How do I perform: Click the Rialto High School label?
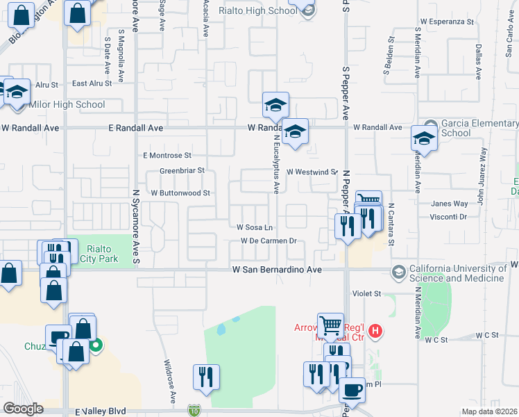tap(258, 10)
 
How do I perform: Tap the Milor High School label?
tap(67, 105)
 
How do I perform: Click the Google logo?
tap(23, 409)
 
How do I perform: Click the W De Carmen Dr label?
tap(269, 241)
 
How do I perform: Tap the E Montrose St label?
tap(167, 156)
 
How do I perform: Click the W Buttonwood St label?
tap(180, 193)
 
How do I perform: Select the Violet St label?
tap(367, 294)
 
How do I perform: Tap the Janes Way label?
tap(450, 204)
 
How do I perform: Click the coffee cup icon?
tap(353, 391)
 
